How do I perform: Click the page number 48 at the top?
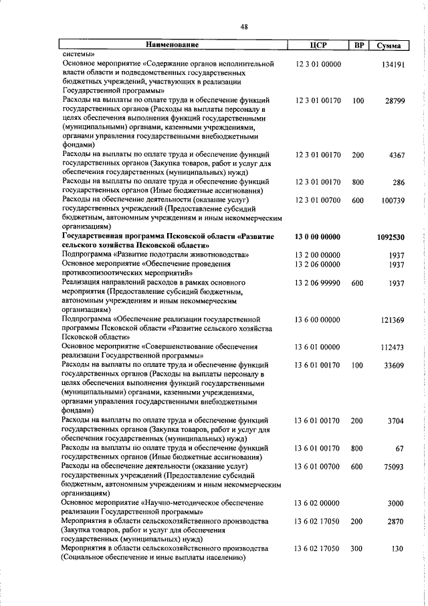(244, 27)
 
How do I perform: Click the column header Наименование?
(173, 45)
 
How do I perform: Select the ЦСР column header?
(318, 45)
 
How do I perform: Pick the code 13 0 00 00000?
(318, 236)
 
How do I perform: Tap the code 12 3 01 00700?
(318, 200)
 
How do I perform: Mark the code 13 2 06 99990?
(318, 283)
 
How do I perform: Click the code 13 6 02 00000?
(318, 521)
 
